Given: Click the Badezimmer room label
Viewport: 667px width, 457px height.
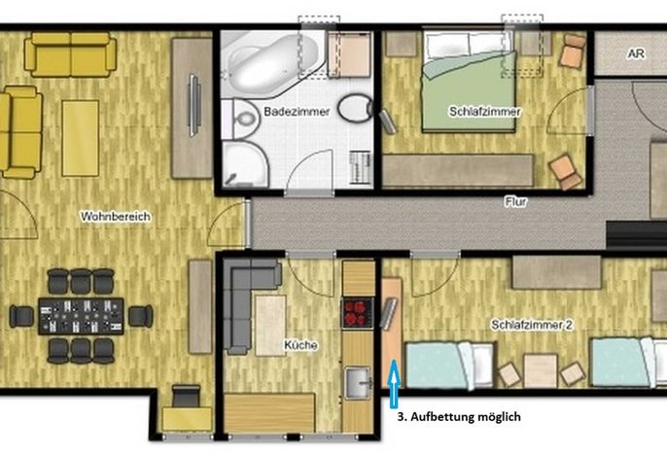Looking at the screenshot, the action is point(297,112).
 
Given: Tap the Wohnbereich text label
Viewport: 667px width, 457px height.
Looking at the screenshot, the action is point(116,217).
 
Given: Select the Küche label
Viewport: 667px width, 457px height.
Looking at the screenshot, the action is point(300,345).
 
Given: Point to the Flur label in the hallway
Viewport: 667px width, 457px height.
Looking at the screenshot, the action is point(515,201).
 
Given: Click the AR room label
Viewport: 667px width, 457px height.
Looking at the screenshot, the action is point(636,54).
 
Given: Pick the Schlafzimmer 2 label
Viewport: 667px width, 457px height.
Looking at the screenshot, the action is point(532,325).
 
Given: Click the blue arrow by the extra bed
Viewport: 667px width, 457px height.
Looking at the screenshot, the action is point(395,383).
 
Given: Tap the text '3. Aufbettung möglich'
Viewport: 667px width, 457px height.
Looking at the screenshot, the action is point(459,416).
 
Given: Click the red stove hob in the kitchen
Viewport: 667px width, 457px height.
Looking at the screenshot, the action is point(358,313).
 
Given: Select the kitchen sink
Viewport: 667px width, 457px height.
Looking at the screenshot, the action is point(358,383).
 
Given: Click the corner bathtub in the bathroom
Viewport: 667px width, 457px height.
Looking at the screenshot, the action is point(269,64).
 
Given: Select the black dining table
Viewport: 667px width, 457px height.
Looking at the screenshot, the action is point(81,316).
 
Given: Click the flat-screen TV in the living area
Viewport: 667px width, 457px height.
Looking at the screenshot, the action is point(194,105).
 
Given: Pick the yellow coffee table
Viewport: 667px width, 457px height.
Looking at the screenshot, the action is point(81,138).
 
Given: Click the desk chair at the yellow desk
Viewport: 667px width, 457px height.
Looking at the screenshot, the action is point(187,396).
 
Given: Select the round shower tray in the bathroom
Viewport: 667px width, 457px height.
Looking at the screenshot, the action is point(245,163).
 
